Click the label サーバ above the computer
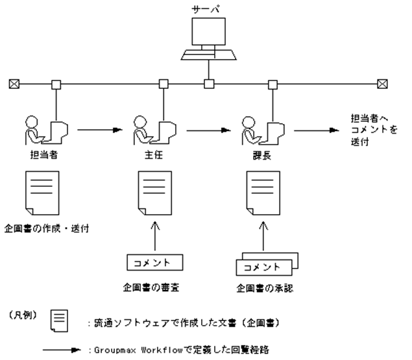click(208, 8)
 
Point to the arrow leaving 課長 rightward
click(316, 130)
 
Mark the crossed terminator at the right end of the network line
click(383, 84)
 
